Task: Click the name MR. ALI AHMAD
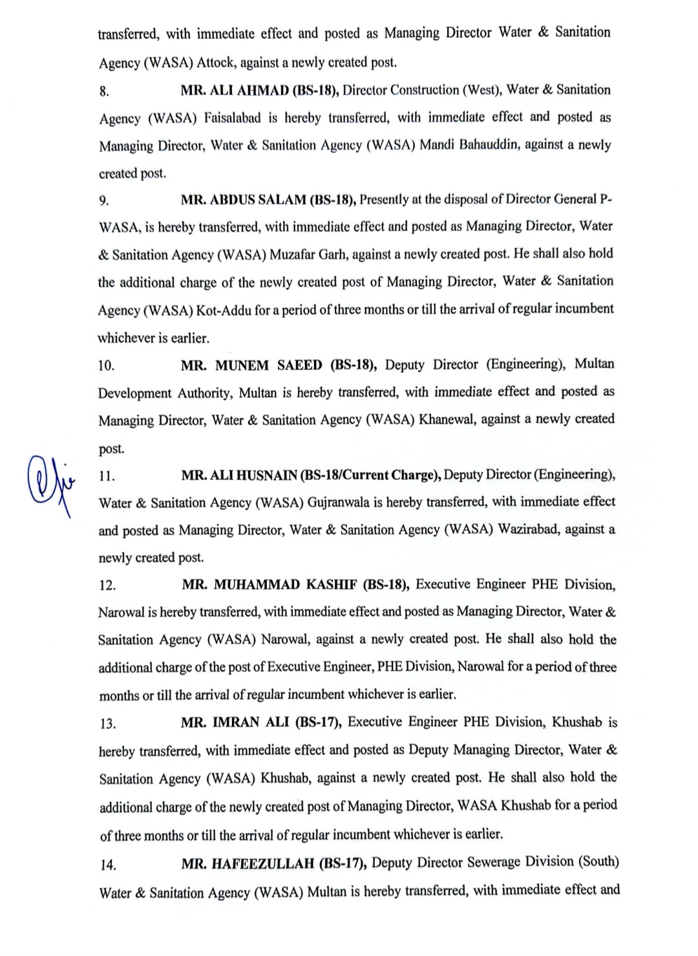235,90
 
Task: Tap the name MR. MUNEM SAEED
251,365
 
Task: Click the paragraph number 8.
104,91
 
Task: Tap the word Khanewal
450,420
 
